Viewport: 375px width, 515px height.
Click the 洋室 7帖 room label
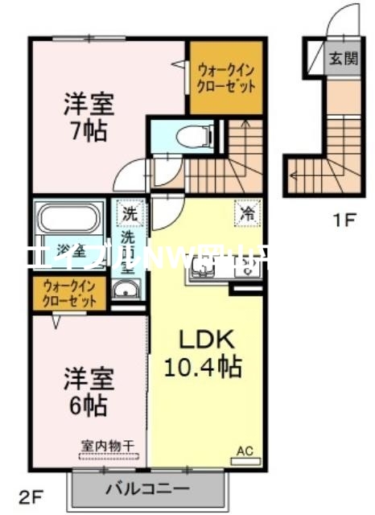tap(89, 117)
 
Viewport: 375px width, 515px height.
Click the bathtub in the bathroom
tap(68, 219)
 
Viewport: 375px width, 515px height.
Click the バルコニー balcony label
tap(146, 488)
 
